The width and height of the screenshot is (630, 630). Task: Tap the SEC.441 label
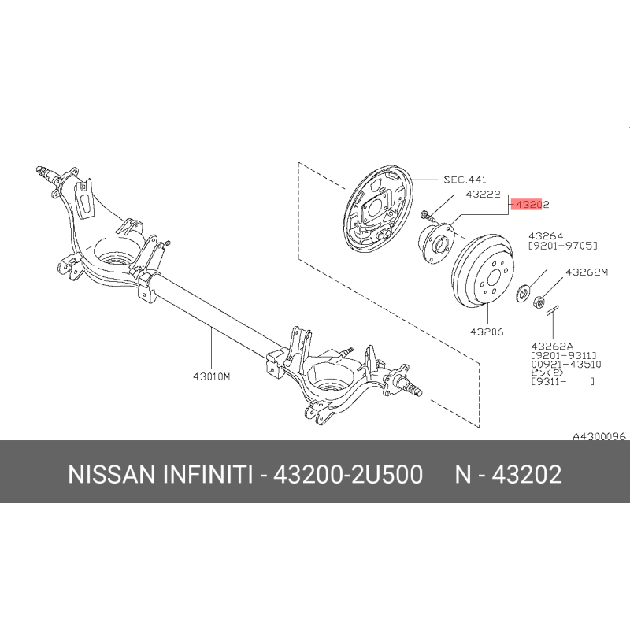pyautogui.click(x=465, y=180)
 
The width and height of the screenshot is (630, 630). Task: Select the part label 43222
pyautogui.click(x=484, y=195)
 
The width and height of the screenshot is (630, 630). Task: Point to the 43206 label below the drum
pyautogui.click(x=487, y=332)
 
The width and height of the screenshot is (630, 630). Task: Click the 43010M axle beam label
pyautogui.click(x=212, y=376)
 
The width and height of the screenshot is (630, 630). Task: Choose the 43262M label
pyautogui.click(x=587, y=272)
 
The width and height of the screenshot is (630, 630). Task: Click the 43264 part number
pyautogui.click(x=546, y=235)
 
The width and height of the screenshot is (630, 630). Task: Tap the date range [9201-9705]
pyautogui.click(x=563, y=246)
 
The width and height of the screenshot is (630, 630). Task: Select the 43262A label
pyautogui.click(x=553, y=346)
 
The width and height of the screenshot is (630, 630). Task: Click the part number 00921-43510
pyautogui.click(x=566, y=365)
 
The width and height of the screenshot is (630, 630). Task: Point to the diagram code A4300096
pyautogui.click(x=599, y=436)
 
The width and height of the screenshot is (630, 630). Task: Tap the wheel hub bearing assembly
pyautogui.click(x=436, y=243)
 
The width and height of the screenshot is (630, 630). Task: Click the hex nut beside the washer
pyautogui.click(x=539, y=301)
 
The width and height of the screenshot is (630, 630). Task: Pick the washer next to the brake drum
pyautogui.click(x=521, y=293)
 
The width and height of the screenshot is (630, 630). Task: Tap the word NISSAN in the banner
pyautogui.click(x=112, y=474)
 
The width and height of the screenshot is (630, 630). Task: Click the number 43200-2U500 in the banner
pyautogui.click(x=348, y=474)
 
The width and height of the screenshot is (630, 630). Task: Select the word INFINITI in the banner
pyautogui.click(x=208, y=474)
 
